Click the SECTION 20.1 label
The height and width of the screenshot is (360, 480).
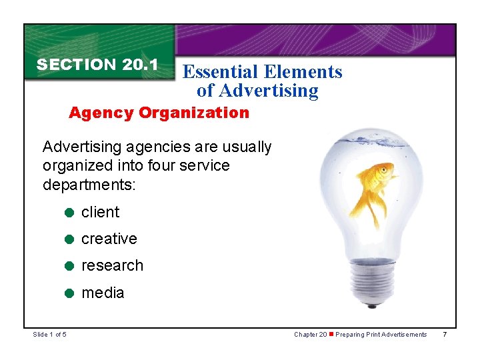pos(97,65)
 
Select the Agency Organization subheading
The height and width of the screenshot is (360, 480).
pos(159,113)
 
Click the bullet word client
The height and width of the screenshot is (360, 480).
pos(100,212)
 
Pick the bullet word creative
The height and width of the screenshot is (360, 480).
pos(109,239)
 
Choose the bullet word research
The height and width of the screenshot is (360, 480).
pos(112,265)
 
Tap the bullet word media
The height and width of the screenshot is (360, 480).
pos(103,292)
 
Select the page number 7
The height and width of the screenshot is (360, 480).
pos(445,334)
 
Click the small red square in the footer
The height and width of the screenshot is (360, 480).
pos(332,334)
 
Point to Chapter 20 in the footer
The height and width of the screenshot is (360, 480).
pos(311,334)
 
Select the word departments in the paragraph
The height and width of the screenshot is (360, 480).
pos(89,184)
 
